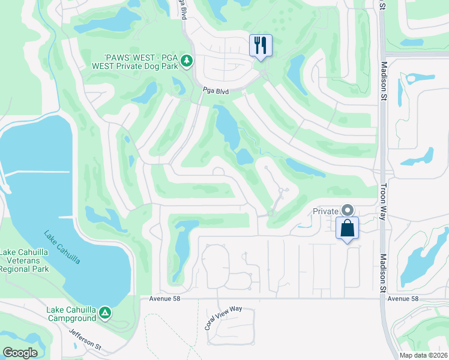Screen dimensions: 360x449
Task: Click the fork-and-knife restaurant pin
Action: coord(261,46)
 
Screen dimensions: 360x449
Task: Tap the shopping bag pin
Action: coord(347,229)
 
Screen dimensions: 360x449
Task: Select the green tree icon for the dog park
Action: coord(187,61)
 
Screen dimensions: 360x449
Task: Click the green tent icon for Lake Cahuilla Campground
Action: coord(105,313)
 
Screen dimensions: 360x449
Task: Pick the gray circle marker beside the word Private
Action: coord(347,210)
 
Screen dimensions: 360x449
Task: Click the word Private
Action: coord(325,211)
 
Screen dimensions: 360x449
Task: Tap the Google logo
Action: coord(20,353)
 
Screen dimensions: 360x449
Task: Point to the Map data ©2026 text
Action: coord(423,355)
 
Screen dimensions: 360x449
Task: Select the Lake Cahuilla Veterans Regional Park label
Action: coord(23,260)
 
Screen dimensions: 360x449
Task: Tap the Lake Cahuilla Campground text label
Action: coord(71,314)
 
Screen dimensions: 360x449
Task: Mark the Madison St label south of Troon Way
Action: coord(383,273)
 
